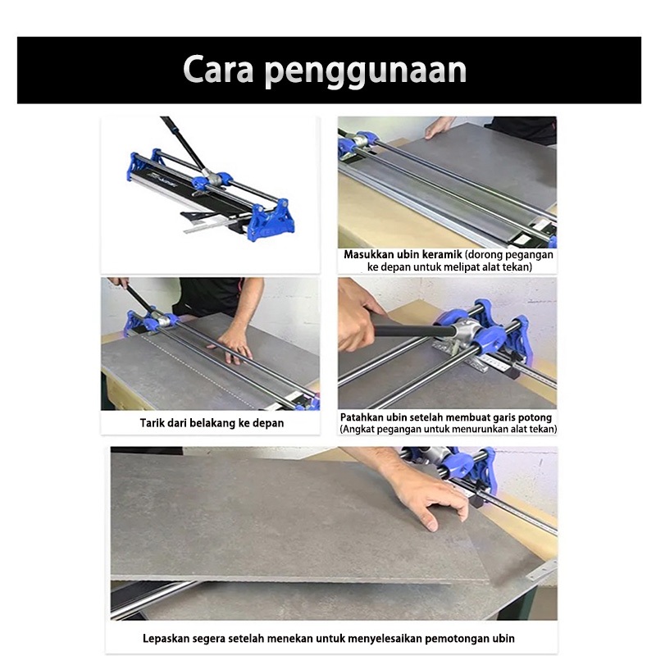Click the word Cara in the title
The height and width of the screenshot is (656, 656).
click(218, 69)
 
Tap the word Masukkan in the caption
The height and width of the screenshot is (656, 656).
click(370, 254)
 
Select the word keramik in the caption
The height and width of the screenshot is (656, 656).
click(441, 254)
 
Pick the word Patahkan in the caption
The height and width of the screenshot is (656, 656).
click(362, 417)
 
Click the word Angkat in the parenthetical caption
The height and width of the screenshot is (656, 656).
click(358, 429)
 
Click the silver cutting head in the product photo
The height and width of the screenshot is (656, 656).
click(211, 178)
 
